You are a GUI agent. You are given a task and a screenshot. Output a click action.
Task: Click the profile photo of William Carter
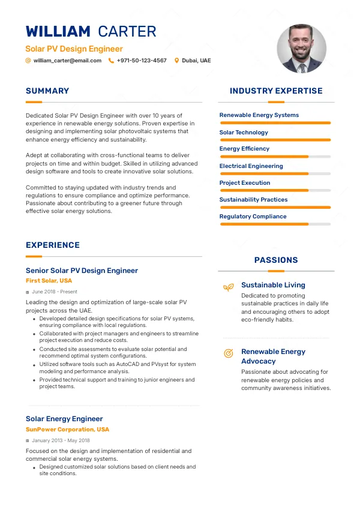coord(301,49)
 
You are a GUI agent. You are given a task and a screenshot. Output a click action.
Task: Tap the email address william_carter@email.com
coord(67,61)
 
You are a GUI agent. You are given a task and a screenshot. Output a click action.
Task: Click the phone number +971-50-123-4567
coord(142,61)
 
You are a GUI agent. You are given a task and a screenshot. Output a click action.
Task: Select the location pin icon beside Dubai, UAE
coord(176,61)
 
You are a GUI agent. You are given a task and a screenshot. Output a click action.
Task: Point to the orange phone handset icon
coord(111,61)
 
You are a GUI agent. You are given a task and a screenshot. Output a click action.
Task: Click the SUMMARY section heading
coord(47,91)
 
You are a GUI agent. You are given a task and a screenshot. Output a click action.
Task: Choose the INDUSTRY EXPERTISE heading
coord(276,91)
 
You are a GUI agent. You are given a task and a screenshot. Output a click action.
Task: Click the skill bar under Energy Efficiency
coord(275,157)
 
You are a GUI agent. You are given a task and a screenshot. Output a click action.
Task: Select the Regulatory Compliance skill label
coord(253,217)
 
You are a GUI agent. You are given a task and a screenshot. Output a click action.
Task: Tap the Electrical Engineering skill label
coord(251,166)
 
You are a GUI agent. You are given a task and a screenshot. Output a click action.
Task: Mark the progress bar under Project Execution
coord(275,190)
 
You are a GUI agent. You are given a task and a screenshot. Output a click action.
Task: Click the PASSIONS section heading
coord(276,260)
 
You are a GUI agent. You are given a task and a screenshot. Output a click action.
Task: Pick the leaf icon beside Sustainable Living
coord(228,287)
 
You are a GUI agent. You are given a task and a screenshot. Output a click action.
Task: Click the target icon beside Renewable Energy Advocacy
coord(228,353)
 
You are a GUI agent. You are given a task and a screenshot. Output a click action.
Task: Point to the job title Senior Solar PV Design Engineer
coord(82,271)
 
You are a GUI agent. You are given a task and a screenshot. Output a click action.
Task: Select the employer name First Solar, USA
coord(49,281)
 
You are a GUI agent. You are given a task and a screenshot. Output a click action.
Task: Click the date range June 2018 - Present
coord(55,292)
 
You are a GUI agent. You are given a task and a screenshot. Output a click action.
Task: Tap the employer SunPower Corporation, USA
coord(67,430)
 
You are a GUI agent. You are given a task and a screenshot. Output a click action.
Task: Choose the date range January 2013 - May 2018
coord(62,441)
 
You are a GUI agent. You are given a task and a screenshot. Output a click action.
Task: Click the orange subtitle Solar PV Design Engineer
coord(74,49)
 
